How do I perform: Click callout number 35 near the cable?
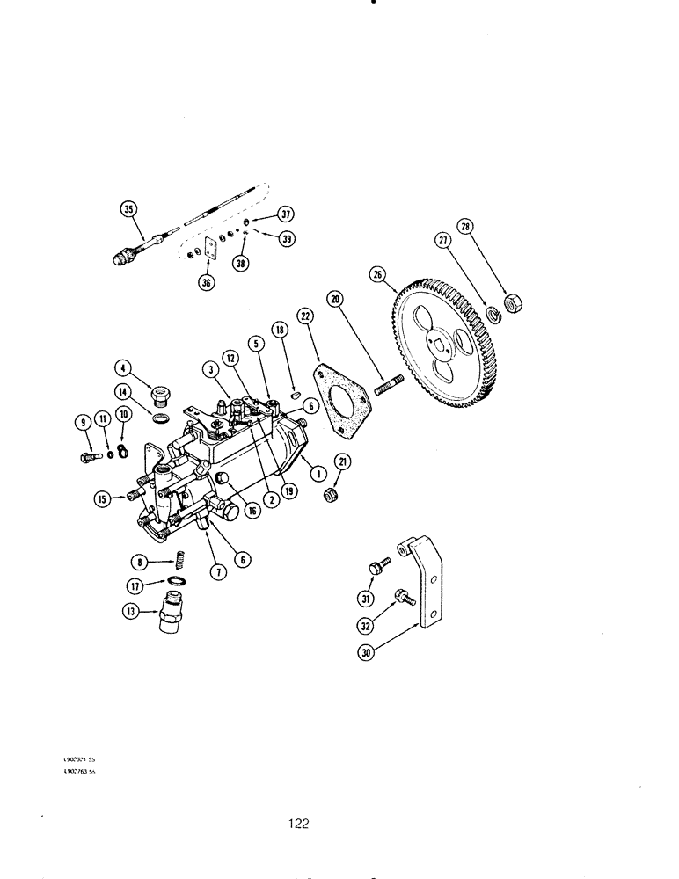pos(128,208)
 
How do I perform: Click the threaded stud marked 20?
pos(388,384)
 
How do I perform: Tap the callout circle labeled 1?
pos(314,472)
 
